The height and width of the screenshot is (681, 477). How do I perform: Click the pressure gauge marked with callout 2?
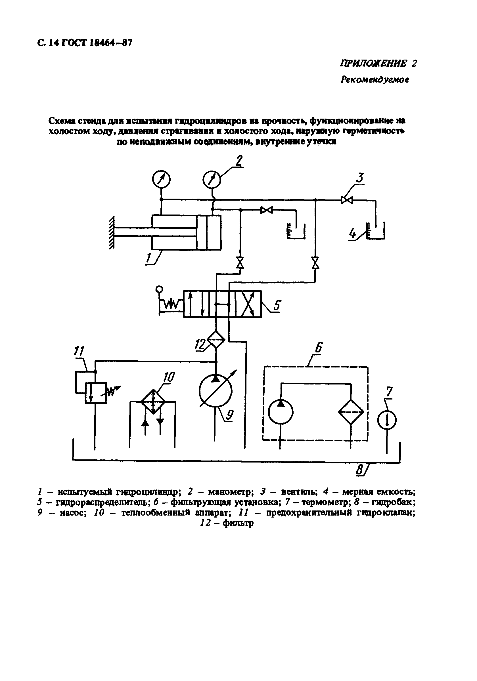point(212,180)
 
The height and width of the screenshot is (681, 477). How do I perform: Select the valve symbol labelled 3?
point(346,200)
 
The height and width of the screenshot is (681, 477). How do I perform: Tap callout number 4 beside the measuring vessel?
point(352,234)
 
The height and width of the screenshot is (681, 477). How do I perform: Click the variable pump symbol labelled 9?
point(216,391)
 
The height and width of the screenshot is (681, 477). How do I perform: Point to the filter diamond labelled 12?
point(216,340)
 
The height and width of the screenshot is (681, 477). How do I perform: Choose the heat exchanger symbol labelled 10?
point(153,401)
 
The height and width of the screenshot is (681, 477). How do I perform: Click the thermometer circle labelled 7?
point(387,420)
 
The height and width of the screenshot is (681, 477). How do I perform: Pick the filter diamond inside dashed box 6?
point(351,412)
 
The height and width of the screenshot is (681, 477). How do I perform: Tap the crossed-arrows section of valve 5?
point(248,304)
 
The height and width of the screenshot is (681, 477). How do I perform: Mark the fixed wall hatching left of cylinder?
point(112,233)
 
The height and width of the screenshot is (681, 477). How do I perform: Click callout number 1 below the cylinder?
point(149,258)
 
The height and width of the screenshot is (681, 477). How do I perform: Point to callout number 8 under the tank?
point(359,470)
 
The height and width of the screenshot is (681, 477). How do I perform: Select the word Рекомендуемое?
point(375,79)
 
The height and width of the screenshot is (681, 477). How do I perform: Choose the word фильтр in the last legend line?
point(238,523)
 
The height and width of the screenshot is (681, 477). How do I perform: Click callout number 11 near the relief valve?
point(79,351)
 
